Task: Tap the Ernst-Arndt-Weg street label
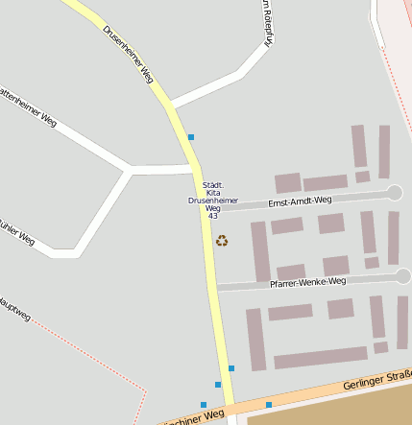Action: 300,201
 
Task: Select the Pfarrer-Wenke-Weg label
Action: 307,281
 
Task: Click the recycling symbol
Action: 222,241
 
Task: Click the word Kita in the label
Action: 213,193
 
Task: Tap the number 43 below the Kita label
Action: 212,216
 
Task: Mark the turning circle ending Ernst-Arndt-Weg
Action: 394,193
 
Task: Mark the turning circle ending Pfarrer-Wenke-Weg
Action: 403,276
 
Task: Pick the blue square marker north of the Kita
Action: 191,137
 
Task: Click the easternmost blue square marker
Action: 269,405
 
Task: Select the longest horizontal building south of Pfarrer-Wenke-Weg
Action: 320,359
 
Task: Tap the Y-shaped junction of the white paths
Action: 130,171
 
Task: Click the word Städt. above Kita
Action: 213,184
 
